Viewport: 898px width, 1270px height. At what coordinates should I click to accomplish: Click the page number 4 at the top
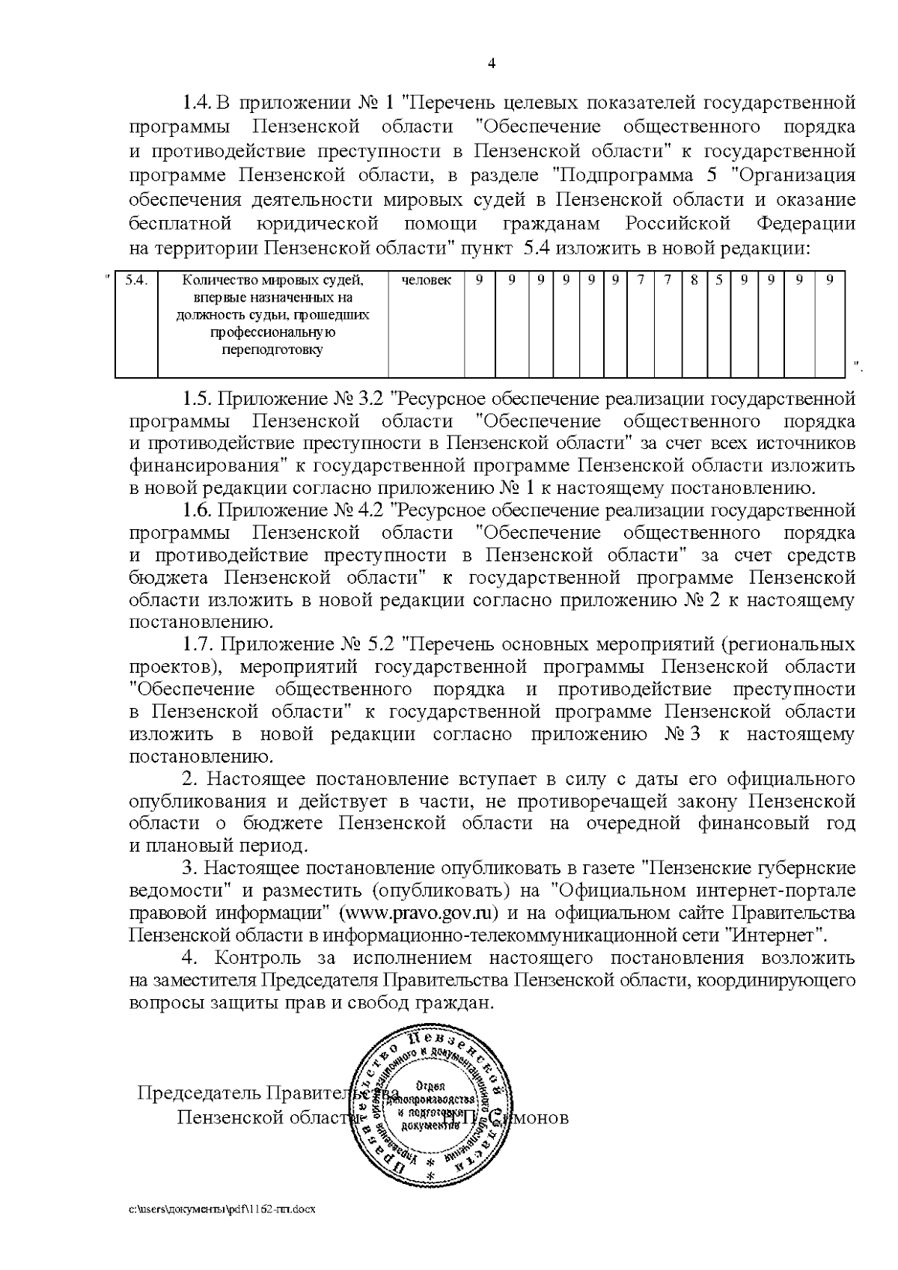tap(491, 64)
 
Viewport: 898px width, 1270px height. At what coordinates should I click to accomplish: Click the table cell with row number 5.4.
tap(136, 281)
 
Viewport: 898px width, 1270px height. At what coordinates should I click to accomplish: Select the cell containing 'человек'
tap(427, 281)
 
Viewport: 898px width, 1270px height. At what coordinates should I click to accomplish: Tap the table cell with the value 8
tap(694, 281)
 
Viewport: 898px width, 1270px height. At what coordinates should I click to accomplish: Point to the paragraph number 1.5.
tap(198, 399)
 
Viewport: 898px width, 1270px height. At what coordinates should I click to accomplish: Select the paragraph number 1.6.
tap(198, 511)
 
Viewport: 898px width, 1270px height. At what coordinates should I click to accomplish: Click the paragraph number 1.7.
tap(198, 644)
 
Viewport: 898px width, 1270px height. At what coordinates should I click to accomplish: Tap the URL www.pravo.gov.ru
tap(420, 914)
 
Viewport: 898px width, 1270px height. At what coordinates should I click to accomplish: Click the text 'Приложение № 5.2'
tap(307, 644)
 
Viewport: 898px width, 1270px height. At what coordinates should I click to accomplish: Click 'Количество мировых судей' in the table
tap(272, 281)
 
